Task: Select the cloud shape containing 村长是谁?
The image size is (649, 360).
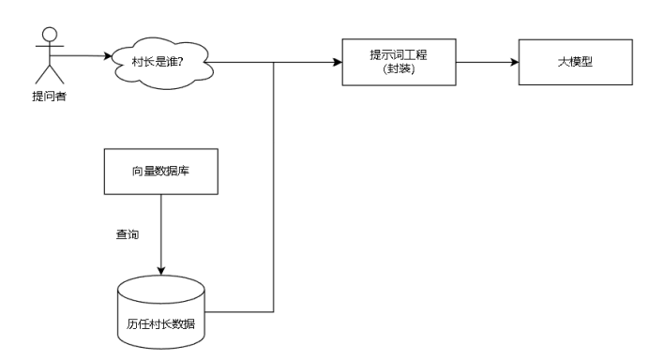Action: tap(158, 64)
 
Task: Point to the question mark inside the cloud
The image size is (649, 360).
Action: tap(189, 63)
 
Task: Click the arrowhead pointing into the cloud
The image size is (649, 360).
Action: tap(106, 56)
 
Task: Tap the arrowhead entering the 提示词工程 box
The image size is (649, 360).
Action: tap(337, 63)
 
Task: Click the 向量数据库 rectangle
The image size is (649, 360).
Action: tap(161, 172)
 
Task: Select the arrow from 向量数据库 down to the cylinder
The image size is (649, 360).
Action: tap(161, 234)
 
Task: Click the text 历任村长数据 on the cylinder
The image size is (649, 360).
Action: tap(161, 324)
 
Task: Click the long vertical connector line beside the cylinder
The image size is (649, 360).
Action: tap(273, 187)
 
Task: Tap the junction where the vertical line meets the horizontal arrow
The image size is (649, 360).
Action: tap(273, 63)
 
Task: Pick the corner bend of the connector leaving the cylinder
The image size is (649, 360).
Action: tap(273, 310)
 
